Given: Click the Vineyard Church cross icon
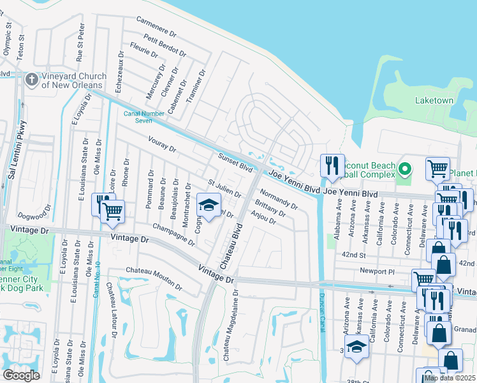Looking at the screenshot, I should (x=32, y=79).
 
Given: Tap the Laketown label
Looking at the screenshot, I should (x=434, y=101).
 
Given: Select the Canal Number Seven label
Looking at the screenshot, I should (x=138, y=116).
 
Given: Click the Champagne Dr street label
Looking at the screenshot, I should (x=173, y=235).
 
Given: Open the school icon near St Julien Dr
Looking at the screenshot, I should (x=207, y=205).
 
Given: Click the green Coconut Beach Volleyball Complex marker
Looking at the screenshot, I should (x=404, y=169).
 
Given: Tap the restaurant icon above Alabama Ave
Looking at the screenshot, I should (x=331, y=166).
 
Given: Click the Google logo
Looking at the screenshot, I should (x=21, y=375).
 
